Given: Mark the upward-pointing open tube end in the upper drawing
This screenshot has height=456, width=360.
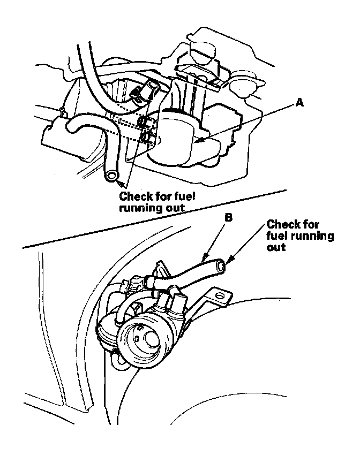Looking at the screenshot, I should tap(154, 85).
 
